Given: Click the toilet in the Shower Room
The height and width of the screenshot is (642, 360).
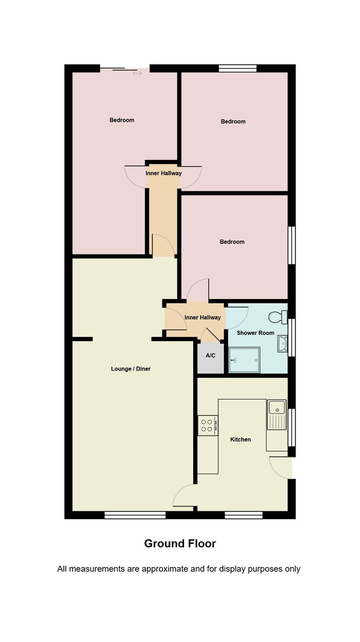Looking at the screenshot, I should coord(278,317).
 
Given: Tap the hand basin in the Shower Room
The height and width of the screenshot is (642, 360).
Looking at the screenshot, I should coord(282,344).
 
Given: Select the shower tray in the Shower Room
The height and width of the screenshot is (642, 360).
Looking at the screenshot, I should coord(244,360).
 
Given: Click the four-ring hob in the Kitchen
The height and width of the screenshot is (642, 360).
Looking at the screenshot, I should coord(208,425).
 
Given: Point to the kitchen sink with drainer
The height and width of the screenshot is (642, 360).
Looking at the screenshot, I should coord(277,414).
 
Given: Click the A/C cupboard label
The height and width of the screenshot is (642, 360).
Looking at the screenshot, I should coord(210,356).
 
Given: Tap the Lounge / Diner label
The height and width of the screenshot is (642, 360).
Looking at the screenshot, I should coord(131,369).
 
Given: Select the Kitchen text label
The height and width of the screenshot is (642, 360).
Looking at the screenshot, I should coord(240,439).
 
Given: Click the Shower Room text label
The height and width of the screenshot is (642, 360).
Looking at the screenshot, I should coord(255,333).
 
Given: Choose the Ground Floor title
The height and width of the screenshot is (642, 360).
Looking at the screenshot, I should coord(180,544).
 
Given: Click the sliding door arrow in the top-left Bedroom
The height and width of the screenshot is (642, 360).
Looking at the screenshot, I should coord(137,73).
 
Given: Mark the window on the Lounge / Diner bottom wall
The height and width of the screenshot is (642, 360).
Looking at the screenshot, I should coord(135,515).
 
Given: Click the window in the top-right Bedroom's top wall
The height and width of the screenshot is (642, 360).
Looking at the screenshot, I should coord(238,68).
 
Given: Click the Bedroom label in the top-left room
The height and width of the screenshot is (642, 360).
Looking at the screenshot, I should coord(122,120).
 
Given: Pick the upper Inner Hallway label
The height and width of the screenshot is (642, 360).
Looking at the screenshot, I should coord(163,173).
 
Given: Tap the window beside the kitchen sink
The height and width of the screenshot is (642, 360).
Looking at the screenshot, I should coord(292,427).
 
